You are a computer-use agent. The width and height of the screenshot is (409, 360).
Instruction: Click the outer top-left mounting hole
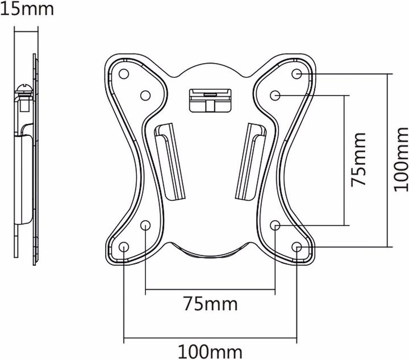[x=124, y=74]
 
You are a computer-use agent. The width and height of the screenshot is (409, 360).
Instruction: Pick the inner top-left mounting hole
[x=145, y=94]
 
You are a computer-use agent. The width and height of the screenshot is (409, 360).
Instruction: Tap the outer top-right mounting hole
[x=297, y=74]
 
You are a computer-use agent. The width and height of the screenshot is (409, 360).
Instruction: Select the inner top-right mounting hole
[x=276, y=94]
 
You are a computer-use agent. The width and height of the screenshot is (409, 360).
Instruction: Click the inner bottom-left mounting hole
[x=145, y=225]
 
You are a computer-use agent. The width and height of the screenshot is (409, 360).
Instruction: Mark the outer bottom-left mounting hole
[x=124, y=246]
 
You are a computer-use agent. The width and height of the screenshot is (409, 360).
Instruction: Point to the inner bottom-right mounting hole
[x=276, y=225]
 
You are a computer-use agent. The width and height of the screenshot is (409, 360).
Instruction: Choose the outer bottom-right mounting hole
[x=297, y=246]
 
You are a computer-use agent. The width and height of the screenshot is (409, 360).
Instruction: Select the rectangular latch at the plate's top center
[x=210, y=99]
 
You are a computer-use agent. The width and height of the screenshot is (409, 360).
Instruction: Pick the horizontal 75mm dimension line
[x=210, y=292]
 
